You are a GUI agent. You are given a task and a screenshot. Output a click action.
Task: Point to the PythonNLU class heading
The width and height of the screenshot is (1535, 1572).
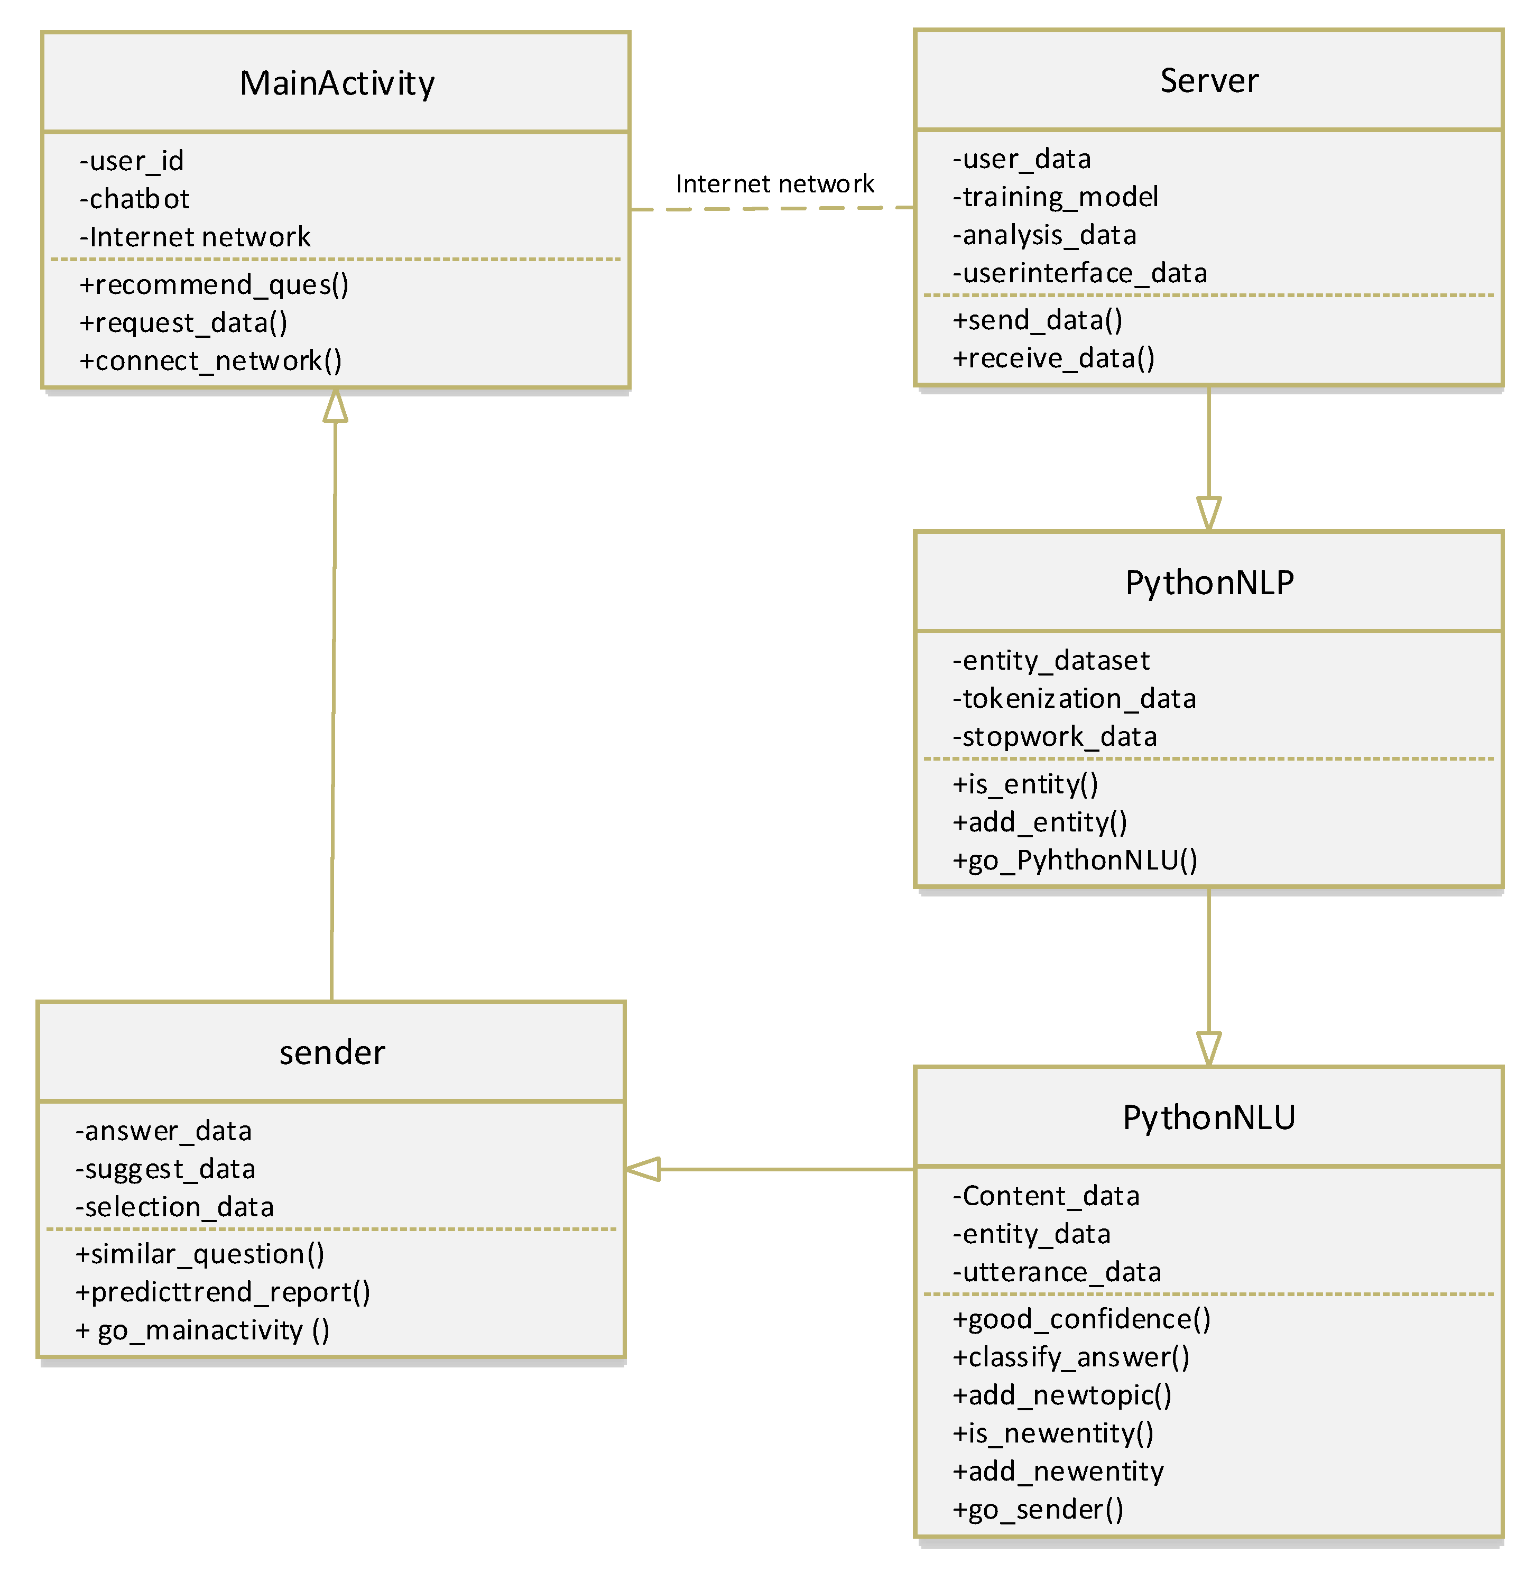1208,1117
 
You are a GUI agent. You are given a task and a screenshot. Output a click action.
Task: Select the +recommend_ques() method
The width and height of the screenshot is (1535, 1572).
214,284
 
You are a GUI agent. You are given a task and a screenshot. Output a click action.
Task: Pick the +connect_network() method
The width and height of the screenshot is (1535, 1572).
210,360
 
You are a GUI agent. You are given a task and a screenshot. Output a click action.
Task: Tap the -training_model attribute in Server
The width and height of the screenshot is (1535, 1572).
1055,197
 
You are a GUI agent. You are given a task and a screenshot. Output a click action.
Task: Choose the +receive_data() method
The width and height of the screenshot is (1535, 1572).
1053,358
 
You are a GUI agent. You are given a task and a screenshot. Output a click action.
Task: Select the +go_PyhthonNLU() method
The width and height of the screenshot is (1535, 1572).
1075,860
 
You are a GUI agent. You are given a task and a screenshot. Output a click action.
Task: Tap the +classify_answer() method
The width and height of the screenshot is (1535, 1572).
1070,1357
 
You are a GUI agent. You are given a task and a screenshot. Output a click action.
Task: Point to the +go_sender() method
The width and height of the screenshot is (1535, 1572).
1038,1509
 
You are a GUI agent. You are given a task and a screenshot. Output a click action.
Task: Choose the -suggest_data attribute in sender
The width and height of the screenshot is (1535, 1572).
165,1169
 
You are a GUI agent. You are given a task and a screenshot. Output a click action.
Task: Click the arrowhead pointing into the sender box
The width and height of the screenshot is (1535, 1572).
643,1169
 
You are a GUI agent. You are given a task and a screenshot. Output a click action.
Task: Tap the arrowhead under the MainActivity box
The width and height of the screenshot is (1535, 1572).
335,405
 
